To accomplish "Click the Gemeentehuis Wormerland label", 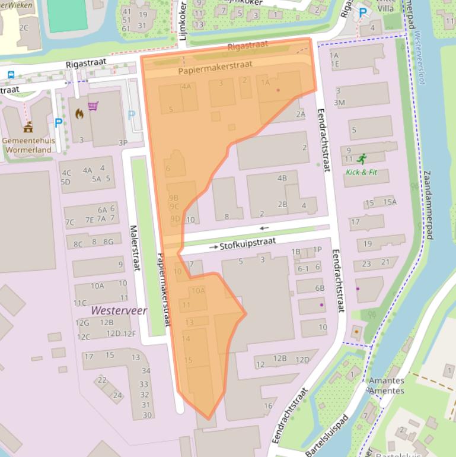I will point(28,145).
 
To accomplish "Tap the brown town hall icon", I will point(28,127).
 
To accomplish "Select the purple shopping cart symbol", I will point(93,106).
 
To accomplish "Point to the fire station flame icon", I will point(79,115).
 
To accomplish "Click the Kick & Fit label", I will point(361,172).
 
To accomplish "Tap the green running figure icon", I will point(362,158).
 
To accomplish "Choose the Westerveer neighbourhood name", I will point(119,310).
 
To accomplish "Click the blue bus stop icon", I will point(11,75).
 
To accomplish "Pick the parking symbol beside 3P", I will point(132,115).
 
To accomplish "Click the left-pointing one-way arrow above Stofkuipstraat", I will point(264,228).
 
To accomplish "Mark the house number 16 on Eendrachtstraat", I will point(268,406).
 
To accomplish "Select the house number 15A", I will point(390,202).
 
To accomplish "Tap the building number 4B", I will point(282,177).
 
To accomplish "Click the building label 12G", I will point(82,323).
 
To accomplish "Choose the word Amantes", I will point(386,381).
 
